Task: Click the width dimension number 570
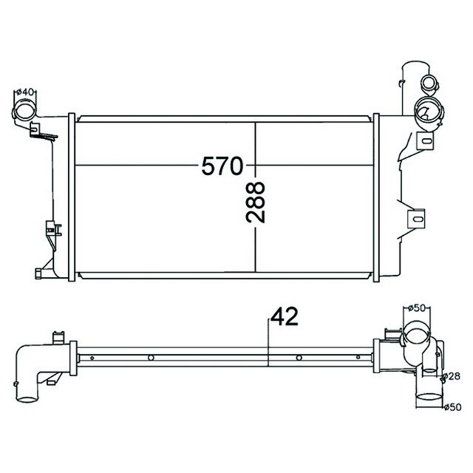pyautogui.click(x=222, y=166)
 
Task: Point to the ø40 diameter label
pyautogui.click(x=25, y=92)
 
